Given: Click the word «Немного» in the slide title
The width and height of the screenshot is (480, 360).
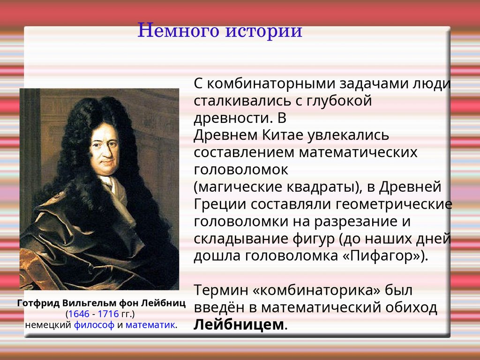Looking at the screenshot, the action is (178, 30).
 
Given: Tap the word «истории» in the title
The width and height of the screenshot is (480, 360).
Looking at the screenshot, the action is (264, 30).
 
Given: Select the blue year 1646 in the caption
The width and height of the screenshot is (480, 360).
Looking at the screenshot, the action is (79, 314).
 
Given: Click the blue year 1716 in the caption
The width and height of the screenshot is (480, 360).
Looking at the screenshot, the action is (108, 314).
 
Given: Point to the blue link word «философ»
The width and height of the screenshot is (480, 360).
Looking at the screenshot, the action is (94, 325).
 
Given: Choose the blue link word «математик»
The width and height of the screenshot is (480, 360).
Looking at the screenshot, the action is (150, 325).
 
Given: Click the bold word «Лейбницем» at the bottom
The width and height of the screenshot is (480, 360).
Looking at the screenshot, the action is (239, 324).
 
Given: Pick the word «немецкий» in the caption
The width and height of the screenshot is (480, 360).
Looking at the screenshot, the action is (48, 325).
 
